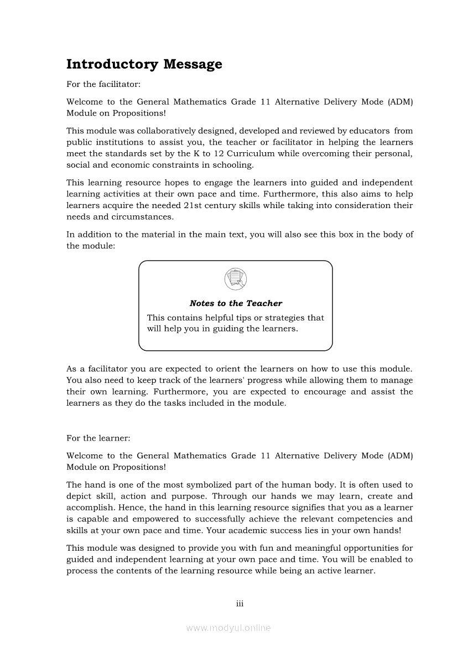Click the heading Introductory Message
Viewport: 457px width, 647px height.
pyautogui.click(x=144, y=65)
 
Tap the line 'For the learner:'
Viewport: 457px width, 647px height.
pyautogui.click(x=98, y=438)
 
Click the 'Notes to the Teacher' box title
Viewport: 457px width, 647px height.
pyautogui.click(x=236, y=303)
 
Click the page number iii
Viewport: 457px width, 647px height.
pyautogui.click(x=240, y=603)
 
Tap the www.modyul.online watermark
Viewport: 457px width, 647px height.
pyautogui.click(x=228, y=628)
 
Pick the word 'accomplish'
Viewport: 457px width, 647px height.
pyautogui.click(x=89, y=508)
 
